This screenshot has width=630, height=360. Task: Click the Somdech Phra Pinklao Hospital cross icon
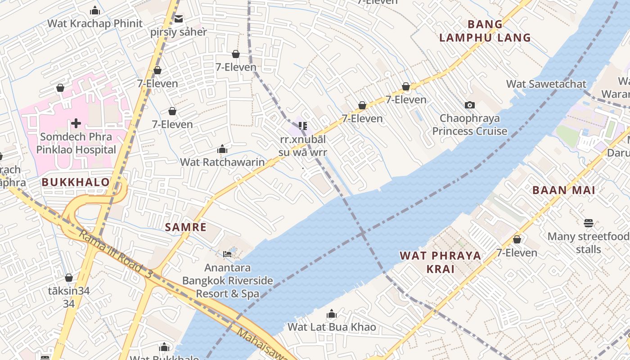click(76, 123)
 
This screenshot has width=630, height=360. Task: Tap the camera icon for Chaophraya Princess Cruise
click(470, 105)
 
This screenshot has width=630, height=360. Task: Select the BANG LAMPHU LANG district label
click(485, 31)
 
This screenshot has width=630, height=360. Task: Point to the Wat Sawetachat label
click(546, 84)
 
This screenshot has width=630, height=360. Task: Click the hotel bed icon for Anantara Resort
click(227, 254)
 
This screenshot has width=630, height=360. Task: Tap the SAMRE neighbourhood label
click(186, 227)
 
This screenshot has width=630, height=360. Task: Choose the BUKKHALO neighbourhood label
click(76, 182)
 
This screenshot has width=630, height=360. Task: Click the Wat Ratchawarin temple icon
click(222, 149)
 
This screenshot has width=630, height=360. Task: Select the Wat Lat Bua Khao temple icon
click(332, 314)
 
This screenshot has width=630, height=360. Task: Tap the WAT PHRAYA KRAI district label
click(440, 262)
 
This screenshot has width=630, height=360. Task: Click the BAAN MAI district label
click(564, 190)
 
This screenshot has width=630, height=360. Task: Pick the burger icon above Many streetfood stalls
click(588, 223)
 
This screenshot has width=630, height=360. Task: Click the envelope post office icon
click(179, 19)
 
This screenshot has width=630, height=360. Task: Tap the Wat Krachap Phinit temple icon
click(95, 10)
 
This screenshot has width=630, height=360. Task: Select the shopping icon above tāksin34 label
click(69, 278)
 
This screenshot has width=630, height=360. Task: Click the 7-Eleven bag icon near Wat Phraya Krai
click(517, 239)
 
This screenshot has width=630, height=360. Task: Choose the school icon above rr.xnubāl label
click(303, 126)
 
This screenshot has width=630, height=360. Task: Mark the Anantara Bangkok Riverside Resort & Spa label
click(227, 281)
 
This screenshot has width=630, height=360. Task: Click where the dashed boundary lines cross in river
click(362, 234)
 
